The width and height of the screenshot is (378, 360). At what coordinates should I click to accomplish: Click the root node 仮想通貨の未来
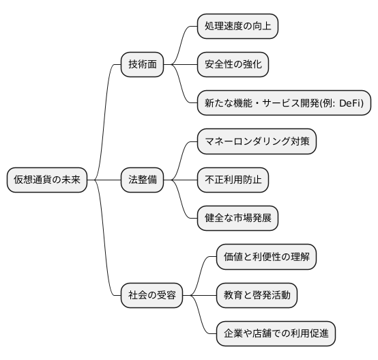(x=47, y=180)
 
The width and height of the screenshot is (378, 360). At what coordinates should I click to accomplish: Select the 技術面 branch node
(x=143, y=65)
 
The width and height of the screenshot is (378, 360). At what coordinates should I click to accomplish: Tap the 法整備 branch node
(x=143, y=180)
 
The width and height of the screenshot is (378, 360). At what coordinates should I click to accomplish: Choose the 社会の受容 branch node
(x=152, y=295)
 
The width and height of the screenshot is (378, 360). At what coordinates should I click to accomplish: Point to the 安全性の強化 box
(x=233, y=65)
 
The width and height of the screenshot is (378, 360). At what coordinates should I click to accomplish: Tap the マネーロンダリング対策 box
(x=257, y=141)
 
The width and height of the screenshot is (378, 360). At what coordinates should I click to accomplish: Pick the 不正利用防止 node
(x=233, y=180)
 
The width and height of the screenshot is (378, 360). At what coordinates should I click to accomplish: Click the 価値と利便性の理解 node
(x=266, y=257)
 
